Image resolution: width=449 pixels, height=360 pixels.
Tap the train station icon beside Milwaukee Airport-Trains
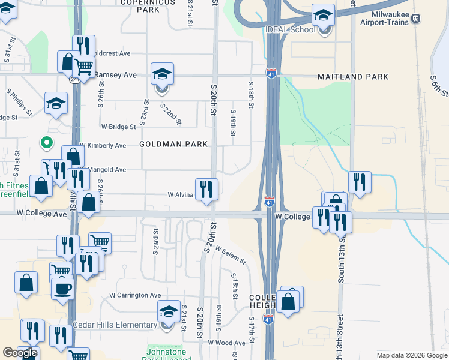[416, 19]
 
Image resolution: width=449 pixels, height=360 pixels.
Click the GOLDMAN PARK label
[174, 144]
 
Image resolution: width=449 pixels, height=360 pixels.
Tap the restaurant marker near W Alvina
[206, 190]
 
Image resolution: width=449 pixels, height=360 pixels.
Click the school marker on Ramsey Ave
[162, 74]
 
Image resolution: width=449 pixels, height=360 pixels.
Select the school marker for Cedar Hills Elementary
[169, 312]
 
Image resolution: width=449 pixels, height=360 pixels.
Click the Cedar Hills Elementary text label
[115, 325]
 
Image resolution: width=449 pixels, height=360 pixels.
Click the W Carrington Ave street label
[135, 295]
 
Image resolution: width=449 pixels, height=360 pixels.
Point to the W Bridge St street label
[119, 127]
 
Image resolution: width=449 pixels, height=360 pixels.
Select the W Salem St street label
[231, 256]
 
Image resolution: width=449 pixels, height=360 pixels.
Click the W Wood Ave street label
[226, 343]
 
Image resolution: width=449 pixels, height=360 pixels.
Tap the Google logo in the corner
[20, 353]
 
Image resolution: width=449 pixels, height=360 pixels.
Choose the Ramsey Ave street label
[116, 75]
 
